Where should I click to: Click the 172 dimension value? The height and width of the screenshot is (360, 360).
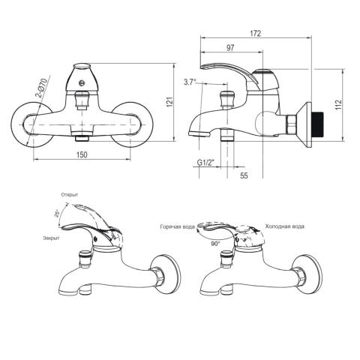coord(255,33)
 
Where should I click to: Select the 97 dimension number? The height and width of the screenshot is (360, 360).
coord(230,48)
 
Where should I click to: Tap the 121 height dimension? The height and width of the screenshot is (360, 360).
coord(169,102)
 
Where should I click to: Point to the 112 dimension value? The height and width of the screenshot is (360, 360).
coord(338,105)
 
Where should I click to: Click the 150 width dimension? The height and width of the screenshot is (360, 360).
coord(82,154)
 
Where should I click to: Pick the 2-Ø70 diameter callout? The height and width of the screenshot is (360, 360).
coord(41,88)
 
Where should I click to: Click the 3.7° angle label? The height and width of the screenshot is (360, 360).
coord(190,82)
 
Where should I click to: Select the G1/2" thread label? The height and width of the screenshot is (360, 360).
coord(206,163)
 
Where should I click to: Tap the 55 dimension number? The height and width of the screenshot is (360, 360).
coord(244,175)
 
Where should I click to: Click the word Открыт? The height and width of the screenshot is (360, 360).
coord(69,195)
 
